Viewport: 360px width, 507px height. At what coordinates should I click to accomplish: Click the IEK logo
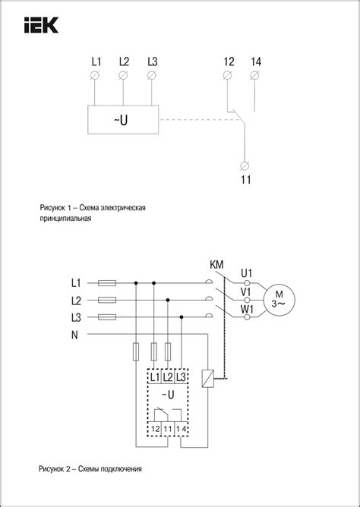(x=41, y=25)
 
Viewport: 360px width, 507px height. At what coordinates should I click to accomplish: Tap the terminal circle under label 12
(x=227, y=75)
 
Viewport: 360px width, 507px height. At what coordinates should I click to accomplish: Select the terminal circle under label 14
(x=254, y=75)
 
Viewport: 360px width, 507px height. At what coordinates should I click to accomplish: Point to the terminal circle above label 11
(x=245, y=165)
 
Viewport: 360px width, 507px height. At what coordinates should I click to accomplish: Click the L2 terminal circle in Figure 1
(x=123, y=75)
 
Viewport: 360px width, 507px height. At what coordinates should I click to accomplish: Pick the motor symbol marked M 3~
(x=279, y=300)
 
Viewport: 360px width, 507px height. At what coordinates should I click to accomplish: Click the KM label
(x=216, y=265)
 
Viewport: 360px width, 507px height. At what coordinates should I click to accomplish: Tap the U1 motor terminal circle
(x=247, y=283)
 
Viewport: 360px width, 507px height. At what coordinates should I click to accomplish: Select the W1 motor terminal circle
(x=247, y=317)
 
